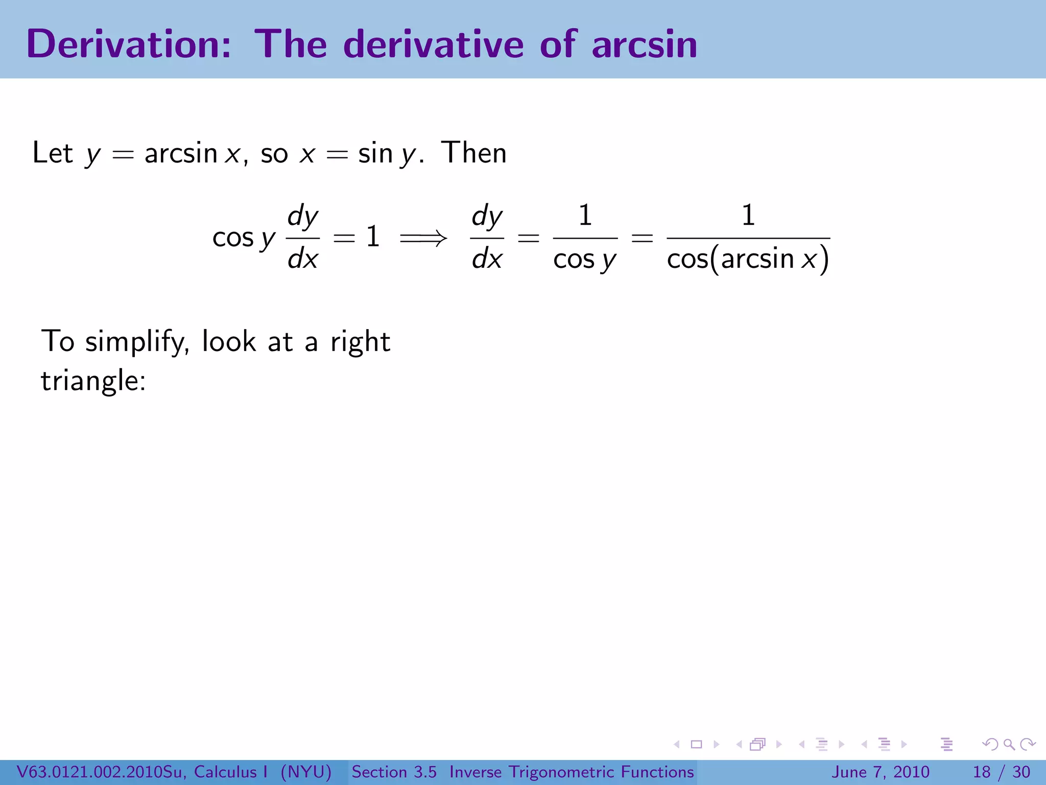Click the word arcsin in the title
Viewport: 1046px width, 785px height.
[x=644, y=44]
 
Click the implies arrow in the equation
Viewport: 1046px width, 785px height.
[x=423, y=238]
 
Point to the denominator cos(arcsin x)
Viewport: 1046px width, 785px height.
[x=748, y=259]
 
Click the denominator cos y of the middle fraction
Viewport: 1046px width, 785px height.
[x=585, y=260]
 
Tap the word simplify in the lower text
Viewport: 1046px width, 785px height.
[x=136, y=341]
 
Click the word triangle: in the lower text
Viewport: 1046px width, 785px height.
[x=93, y=381]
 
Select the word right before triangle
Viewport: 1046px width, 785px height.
[x=360, y=341]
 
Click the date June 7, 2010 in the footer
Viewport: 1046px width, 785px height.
[x=881, y=772]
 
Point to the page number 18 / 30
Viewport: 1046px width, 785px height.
[x=1001, y=772]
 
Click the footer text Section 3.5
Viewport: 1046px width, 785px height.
[x=394, y=772]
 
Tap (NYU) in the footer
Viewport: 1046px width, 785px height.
[x=306, y=772]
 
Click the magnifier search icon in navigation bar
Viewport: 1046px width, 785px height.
[x=1009, y=745]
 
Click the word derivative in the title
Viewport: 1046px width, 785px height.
[x=434, y=44]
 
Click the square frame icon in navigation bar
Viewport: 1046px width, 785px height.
[x=696, y=745]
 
